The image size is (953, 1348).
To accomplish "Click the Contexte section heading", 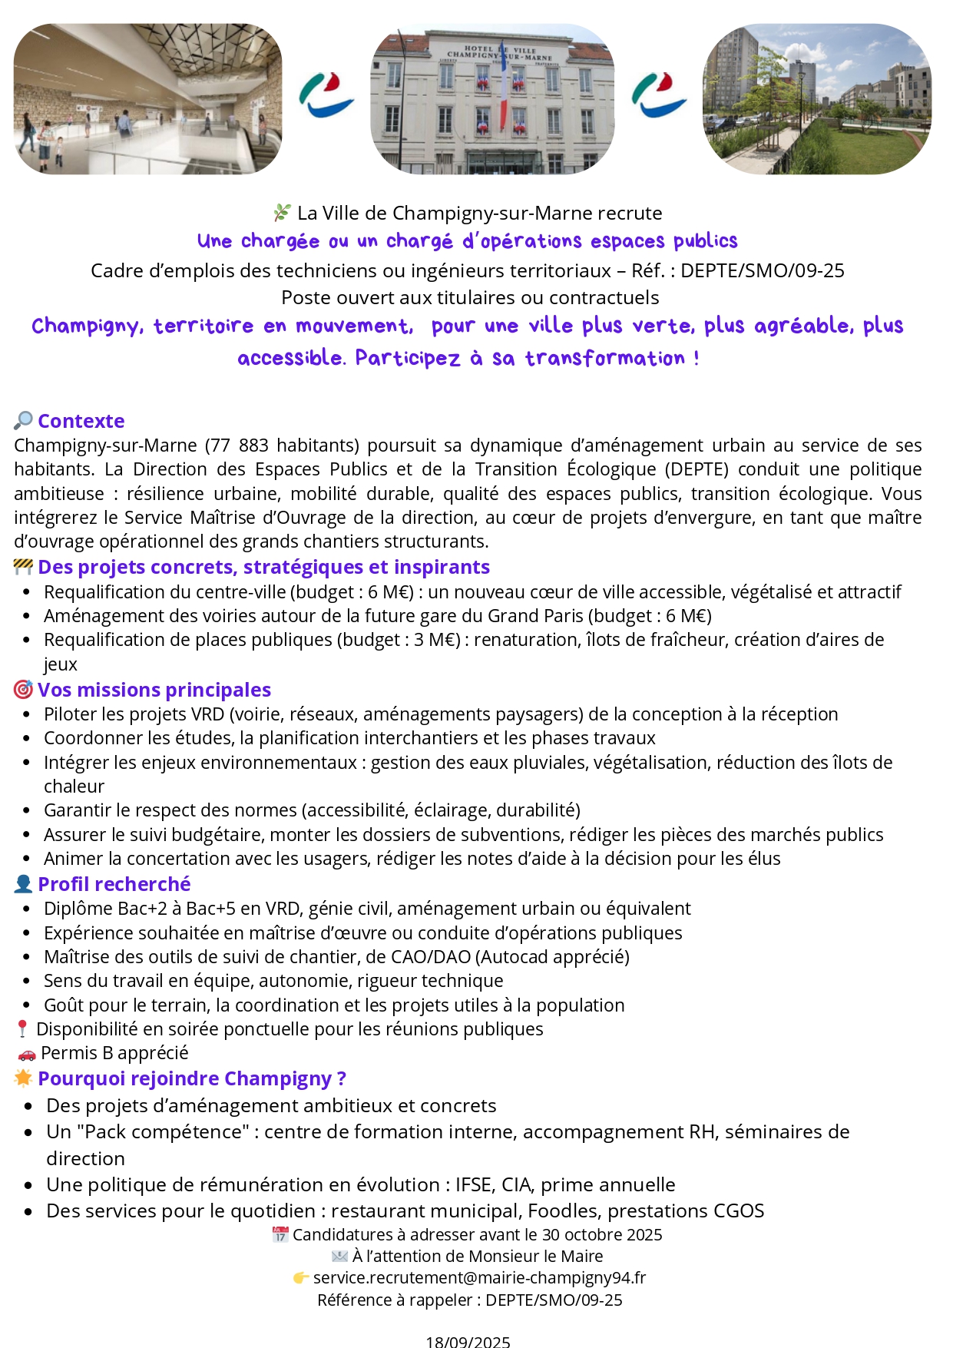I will (81, 421).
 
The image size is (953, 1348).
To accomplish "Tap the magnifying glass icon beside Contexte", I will (23, 421).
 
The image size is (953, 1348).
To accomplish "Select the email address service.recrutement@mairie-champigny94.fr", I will (479, 1277).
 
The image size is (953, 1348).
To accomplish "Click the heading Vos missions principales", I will (154, 690).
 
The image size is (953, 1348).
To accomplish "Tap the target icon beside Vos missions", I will (23, 690).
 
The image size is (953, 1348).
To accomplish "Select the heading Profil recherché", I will (114, 884).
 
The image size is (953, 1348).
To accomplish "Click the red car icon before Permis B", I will (27, 1054).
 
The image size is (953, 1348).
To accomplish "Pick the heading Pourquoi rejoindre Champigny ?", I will (192, 1078).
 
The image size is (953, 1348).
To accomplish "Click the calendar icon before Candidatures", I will (280, 1235).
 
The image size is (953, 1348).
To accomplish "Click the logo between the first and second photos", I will (326, 96).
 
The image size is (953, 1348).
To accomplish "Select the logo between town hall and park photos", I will (659, 96).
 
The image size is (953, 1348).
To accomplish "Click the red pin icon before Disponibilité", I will (22, 1029).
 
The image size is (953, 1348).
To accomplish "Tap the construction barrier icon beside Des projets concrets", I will (23, 567).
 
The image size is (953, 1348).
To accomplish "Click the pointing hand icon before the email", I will (301, 1278).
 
